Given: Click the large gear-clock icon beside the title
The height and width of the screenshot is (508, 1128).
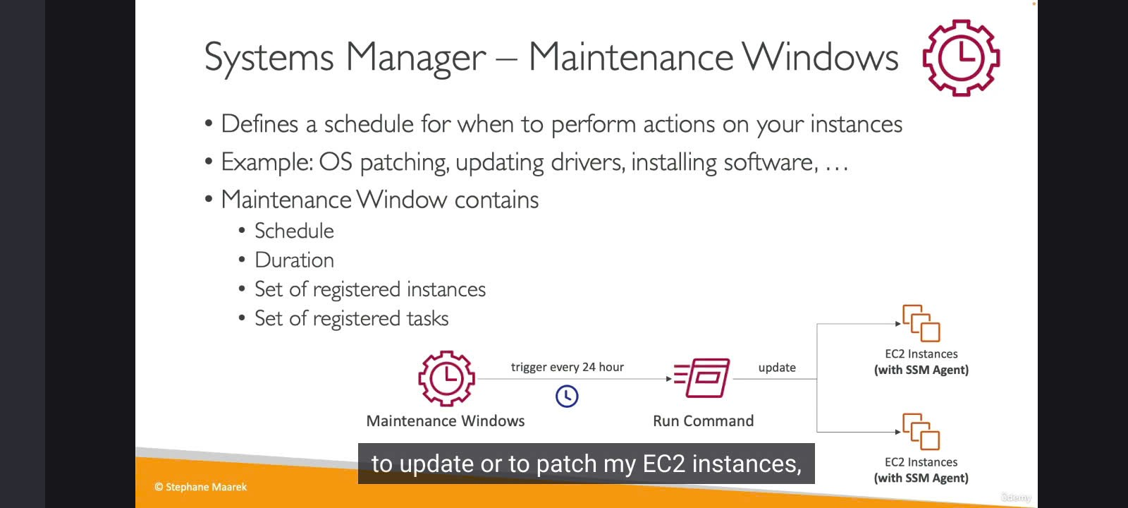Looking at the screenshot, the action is click(x=961, y=58).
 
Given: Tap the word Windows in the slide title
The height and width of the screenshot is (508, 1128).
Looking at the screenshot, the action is click(x=820, y=57).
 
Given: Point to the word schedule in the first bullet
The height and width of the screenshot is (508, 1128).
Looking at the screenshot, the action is click(x=369, y=124).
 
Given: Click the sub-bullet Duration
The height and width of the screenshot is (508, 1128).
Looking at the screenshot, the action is click(x=295, y=260).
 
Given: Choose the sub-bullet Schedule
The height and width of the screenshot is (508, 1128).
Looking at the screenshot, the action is click(x=295, y=231).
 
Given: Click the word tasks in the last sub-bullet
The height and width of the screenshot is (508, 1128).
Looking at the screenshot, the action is click(x=427, y=318).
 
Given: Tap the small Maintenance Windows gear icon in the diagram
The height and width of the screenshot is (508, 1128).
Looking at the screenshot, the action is click(x=446, y=378).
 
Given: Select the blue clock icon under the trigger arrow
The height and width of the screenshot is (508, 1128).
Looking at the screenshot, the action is click(x=567, y=396).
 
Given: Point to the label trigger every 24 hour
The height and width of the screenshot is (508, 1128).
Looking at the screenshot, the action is click(x=568, y=368).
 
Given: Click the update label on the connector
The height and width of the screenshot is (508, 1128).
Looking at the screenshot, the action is click(x=777, y=368).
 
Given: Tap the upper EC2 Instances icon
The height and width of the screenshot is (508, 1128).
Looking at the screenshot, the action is click(x=921, y=323).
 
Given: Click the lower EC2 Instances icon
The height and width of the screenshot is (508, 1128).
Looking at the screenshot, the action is click(x=921, y=431).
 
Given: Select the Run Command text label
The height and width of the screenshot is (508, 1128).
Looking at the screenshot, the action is click(x=704, y=421).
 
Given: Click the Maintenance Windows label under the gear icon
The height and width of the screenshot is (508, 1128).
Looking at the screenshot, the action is click(x=446, y=421).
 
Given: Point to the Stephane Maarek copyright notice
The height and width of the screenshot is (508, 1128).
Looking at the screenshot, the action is click(x=200, y=487).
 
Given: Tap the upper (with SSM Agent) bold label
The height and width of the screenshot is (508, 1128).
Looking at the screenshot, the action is click(x=921, y=370).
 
